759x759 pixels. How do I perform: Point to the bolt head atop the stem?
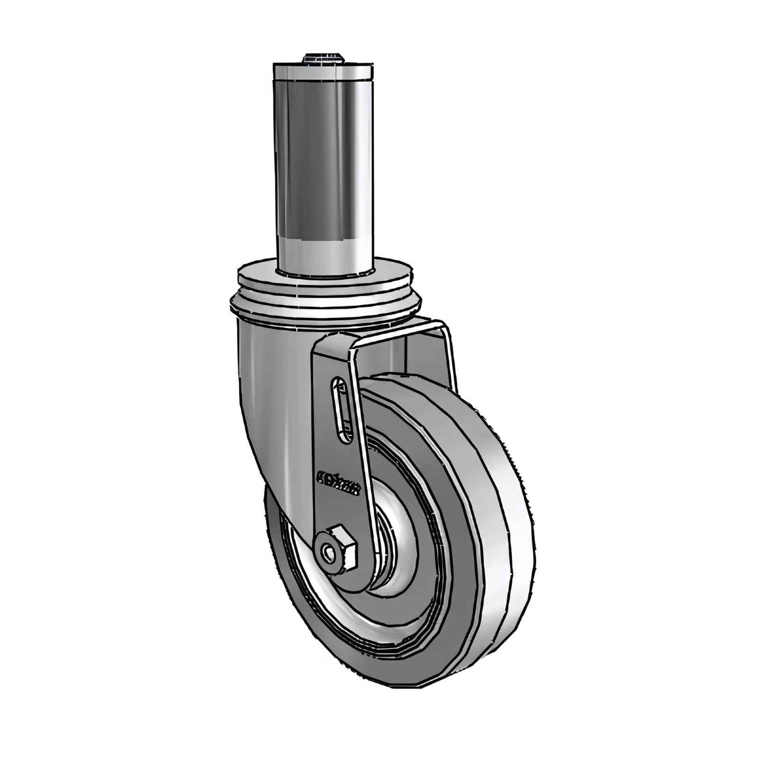[323, 59]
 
